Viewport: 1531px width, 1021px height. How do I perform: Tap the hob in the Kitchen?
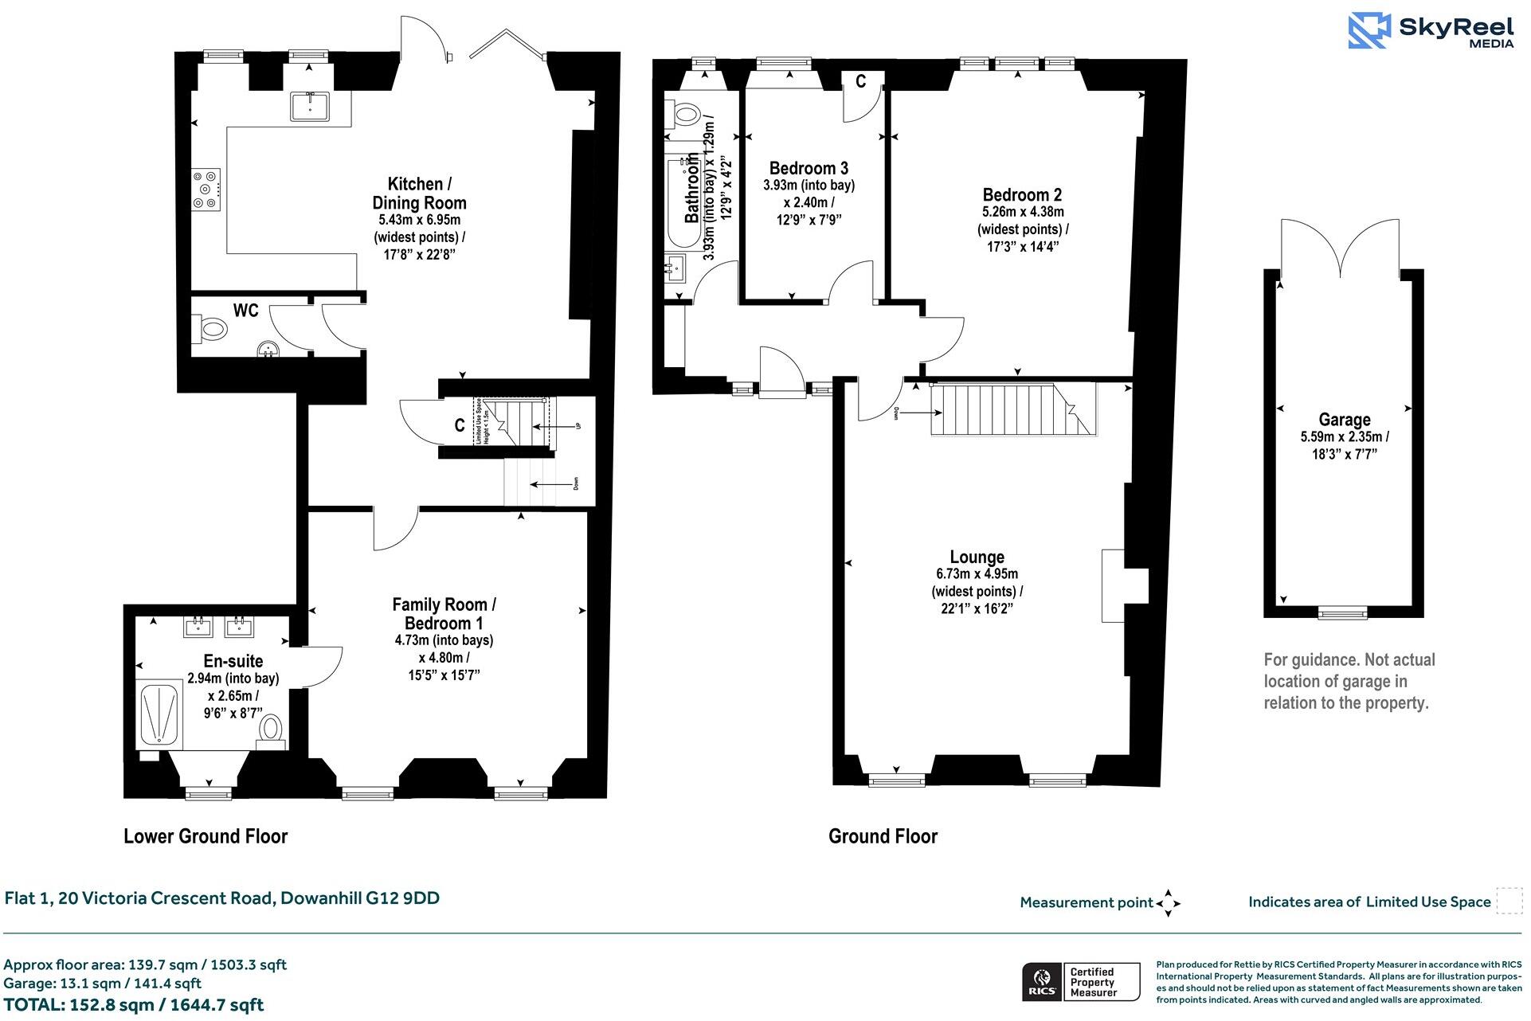[206, 190]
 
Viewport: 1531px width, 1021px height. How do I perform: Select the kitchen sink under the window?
[310, 105]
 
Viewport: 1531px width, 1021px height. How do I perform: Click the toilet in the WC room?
[211, 328]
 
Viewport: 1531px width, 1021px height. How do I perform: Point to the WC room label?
[245, 311]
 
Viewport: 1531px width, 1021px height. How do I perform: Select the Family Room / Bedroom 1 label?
[443, 613]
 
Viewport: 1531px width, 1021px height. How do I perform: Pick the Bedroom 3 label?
[808, 168]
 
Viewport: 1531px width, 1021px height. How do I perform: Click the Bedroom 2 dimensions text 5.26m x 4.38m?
[1023, 212]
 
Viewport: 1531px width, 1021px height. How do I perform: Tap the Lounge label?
[977, 557]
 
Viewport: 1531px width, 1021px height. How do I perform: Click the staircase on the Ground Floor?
[1012, 409]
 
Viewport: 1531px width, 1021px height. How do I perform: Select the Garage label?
[1344, 420]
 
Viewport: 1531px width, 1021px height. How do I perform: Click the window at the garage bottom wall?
[1343, 612]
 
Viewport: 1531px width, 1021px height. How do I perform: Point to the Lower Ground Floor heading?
[205, 836]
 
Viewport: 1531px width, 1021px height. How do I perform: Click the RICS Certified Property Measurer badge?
[1082, 982]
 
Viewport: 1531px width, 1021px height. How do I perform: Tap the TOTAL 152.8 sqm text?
[134, 1005]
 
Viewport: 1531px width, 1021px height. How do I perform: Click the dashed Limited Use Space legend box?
[1509, 901]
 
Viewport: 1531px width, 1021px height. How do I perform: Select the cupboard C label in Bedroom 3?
[860, 81]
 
